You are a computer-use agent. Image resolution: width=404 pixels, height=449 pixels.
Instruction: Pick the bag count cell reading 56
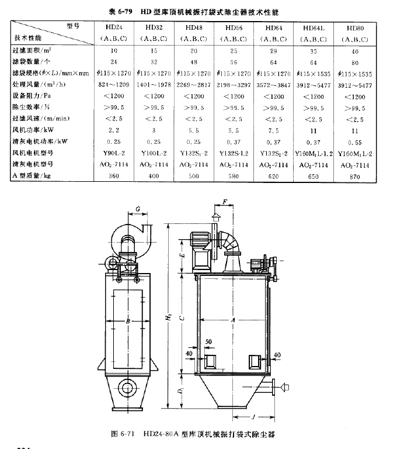tap(234, 62)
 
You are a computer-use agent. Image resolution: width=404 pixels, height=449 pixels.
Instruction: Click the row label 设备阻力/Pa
tap(32, 96)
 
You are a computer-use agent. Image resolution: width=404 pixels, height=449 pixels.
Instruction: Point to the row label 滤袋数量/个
tap(32, 62)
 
